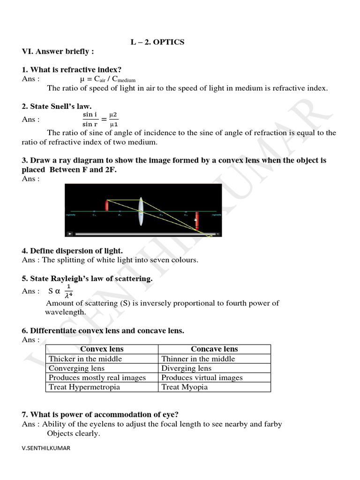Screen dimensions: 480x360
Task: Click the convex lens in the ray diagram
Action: coord(141,212)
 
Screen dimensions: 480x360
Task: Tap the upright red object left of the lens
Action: coord(107,205)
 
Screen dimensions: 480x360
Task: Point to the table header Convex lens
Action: coord(102,349)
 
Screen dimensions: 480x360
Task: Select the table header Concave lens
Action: coord(214,349)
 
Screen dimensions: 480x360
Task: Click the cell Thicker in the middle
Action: coord(85,359)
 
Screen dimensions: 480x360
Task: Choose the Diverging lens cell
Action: coord(187,368)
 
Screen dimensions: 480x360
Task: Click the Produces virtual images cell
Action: coord(202,378)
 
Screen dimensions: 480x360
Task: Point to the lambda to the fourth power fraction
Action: coord(68,291)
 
